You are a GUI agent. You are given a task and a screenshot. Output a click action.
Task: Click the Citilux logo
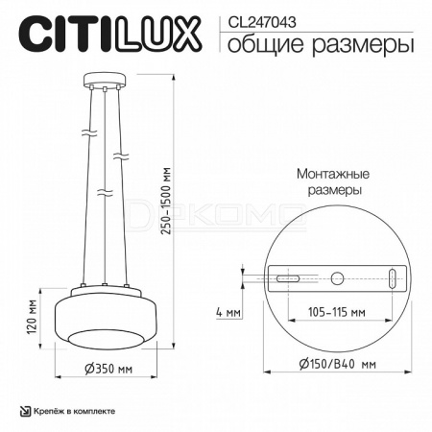pos(110,35)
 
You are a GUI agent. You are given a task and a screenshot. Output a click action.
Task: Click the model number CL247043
pos(261,22)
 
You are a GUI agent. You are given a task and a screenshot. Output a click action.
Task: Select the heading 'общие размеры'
pos(321,44)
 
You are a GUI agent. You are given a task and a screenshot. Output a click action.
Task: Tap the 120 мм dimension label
pos(33,318)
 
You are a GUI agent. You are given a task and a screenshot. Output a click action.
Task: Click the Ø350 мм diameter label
pos(108,369)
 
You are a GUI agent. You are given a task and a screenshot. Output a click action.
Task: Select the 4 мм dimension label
pos(228,312)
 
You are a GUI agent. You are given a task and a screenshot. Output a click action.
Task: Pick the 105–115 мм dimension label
pos(337,312)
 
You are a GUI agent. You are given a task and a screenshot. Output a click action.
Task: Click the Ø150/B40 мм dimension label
pos(338,364)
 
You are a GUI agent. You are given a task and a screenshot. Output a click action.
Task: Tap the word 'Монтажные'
pos(333,175)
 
